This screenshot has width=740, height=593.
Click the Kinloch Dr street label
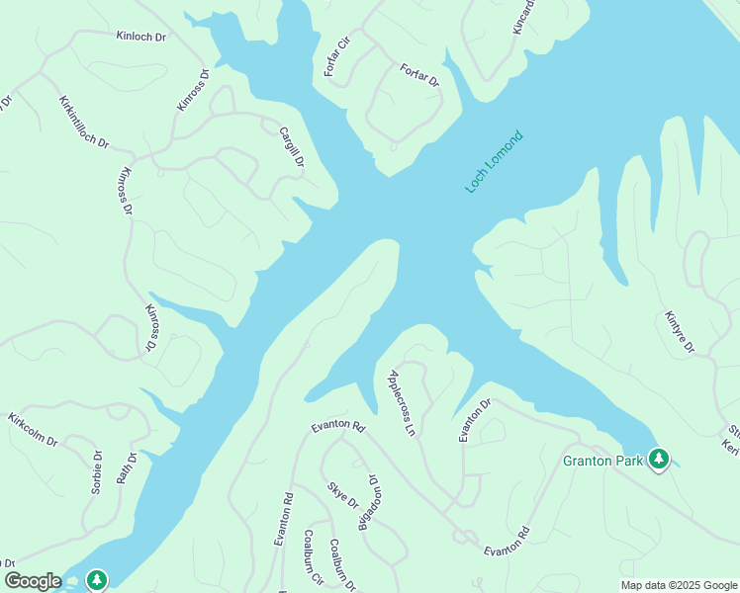[x=139, y=36]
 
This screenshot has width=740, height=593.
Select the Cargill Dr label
[x=292, y=147]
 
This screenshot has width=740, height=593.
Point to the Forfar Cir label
[x=337, y=58]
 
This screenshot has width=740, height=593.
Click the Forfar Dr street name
[x=419, y=76]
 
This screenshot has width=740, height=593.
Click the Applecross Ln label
[x=401, y=402]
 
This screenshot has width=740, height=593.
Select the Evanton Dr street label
[x=474, y=419]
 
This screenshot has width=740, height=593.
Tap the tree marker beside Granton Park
[x=659, y=459]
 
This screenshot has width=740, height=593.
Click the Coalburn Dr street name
[x=342, y=565]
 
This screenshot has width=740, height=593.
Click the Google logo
[x=33, y=581]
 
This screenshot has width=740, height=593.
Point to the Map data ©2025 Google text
[x=679, y=585]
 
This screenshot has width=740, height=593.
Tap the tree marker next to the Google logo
[x=97, y=579]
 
